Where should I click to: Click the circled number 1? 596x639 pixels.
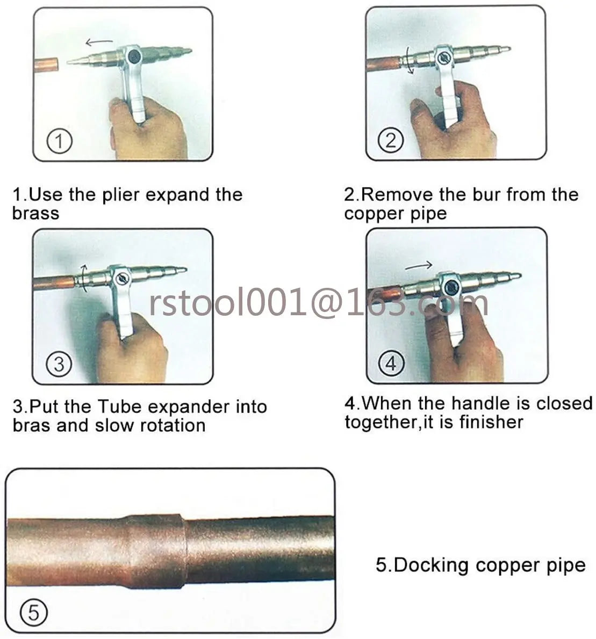[60, 141]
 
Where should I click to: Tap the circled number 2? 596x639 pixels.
[390, 140]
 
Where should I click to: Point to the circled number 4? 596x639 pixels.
[391, 363]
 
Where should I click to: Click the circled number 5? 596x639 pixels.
[33, 612]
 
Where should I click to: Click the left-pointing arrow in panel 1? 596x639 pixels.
[99, 41]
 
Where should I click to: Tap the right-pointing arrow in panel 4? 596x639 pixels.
[419, 266]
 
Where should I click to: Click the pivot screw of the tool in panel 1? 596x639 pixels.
[134, 56]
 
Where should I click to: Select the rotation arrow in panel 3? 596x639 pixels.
[84, 278]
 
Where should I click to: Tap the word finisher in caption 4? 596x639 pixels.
[491, 422]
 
